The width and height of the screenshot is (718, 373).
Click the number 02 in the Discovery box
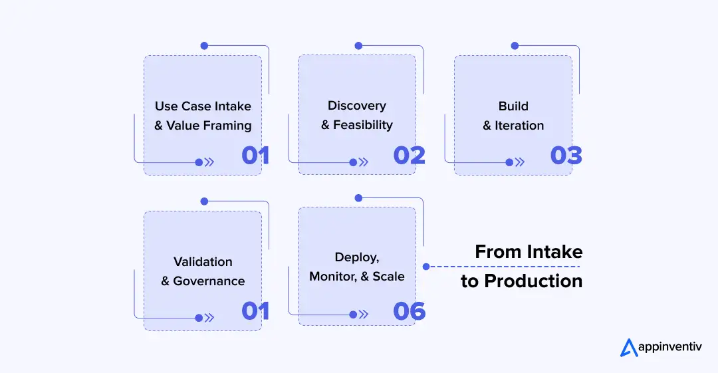409,155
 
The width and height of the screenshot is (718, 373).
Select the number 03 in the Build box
566,155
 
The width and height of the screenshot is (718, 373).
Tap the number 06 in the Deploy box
409,311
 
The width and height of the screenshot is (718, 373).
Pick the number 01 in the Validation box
255,311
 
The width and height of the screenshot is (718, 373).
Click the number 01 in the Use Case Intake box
255,155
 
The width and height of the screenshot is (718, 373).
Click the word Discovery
356,106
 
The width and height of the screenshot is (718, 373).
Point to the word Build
513,106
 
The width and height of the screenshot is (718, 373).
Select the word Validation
203,261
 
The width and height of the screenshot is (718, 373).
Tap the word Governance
209,281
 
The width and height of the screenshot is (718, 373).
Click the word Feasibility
363,125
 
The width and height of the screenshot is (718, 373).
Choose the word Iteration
519,125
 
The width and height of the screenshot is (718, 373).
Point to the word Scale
388,276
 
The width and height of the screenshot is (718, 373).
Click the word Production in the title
533,281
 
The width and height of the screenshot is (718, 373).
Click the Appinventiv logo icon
628,348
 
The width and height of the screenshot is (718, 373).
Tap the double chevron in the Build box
519,162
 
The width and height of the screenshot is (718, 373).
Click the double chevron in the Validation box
209,318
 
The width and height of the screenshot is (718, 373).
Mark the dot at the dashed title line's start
425,267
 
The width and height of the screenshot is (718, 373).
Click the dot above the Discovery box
358,46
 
